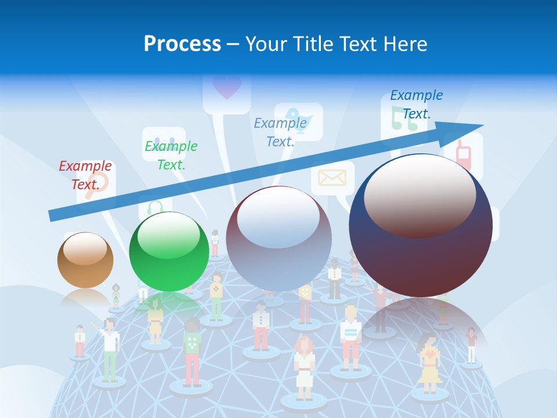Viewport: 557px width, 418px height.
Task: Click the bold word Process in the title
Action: [182, 44]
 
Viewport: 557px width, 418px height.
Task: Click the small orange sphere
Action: [85, 260]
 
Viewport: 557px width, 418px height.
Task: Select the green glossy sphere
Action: [169, 252]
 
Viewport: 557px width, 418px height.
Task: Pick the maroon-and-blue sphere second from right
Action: [278, 239]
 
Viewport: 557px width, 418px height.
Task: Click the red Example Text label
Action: [85, 175]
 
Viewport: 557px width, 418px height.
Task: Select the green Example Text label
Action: [171, 155]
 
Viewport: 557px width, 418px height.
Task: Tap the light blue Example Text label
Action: [280, 132]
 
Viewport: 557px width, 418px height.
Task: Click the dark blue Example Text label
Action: [416, 104]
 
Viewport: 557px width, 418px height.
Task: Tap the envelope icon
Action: [332, 178]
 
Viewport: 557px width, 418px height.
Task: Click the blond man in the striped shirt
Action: [350, 337]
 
